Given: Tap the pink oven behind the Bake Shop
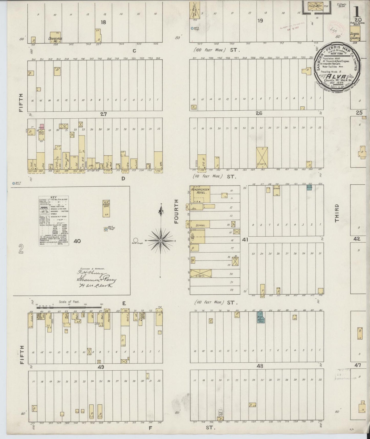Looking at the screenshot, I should (41, 127).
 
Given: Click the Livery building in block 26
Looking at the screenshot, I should (262, 158).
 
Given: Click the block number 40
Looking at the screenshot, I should (77, 241).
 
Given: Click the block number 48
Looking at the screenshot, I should (260, 366).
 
